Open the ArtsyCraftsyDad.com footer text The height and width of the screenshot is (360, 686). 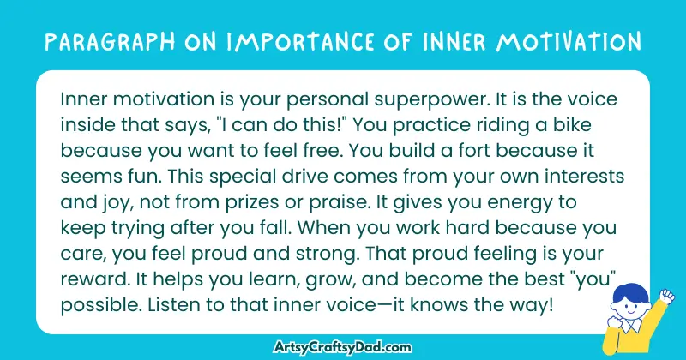(343, 345)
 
